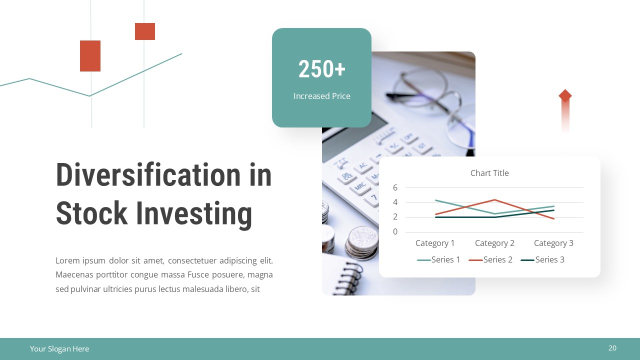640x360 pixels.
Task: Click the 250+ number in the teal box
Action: tap(321, 69)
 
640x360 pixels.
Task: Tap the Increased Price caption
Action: tap(321, 96)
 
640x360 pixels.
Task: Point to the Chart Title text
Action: tap(489, 173)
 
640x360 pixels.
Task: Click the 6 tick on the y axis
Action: tap(395, 187)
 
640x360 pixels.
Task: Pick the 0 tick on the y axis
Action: tap(395, 231)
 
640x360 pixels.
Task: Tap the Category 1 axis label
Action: tap(435, 243)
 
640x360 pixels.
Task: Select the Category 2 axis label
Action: tap(494, 243)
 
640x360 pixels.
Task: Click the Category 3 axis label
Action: tap(553, 243)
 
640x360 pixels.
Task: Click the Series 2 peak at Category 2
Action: tap(494, 200)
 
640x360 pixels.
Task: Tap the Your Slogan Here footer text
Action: tap(59, 349)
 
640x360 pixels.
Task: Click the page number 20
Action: tap(612, 348)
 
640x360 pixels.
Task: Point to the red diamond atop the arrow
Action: tap(565, 95)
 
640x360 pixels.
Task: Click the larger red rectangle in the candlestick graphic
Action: tap(90, 56)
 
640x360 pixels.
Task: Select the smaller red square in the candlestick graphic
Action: tap(145, 31)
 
